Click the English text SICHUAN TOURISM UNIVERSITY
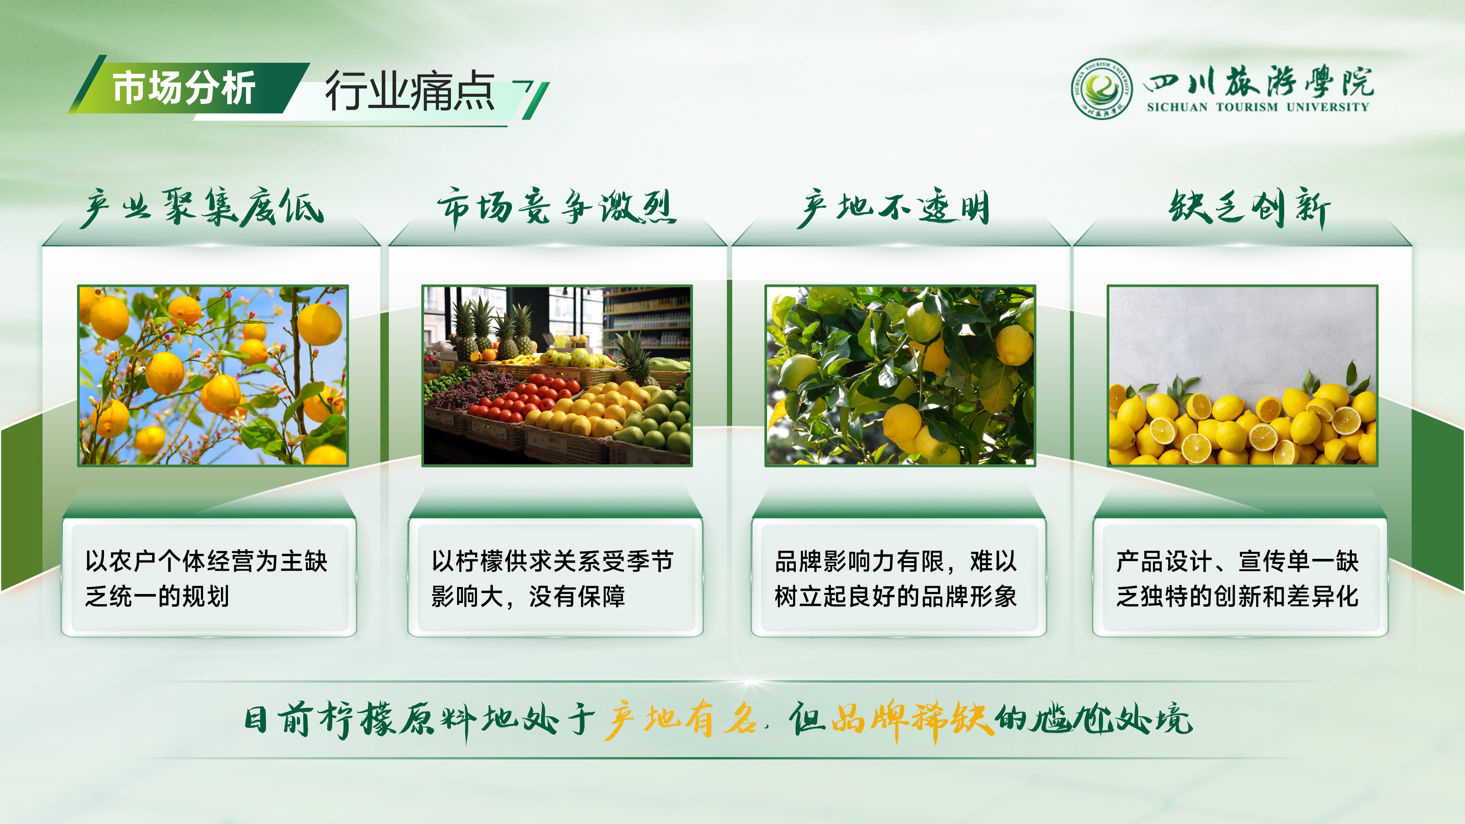point(1258,107)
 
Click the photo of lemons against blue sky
point(213,376)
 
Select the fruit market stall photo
point(557,376)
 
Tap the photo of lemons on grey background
point(1243,376)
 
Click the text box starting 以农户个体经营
point(209,578)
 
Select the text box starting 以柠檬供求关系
point(555,578)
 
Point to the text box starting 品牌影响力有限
point(899,578)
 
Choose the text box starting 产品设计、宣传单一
point(1240,578)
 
